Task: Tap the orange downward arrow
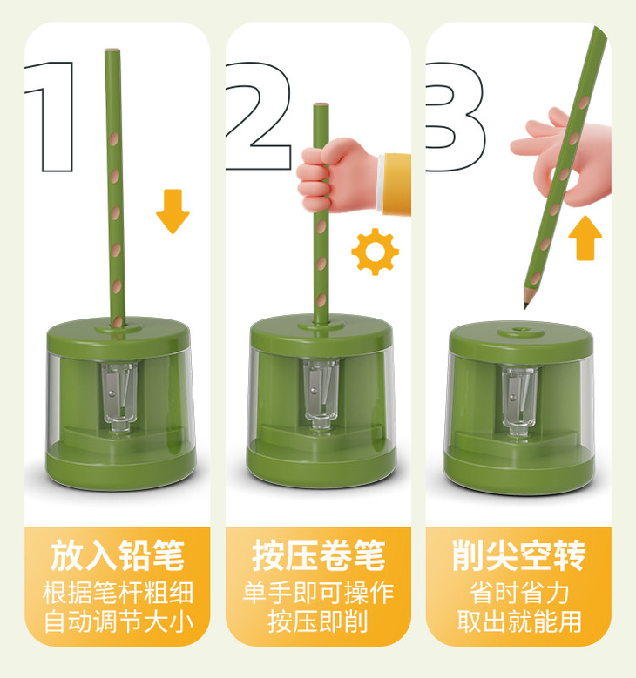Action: tap(173, 211)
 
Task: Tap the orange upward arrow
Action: tap(585, 238)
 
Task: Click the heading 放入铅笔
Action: tap(117, 555)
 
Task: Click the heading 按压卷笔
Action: tap(318, 555)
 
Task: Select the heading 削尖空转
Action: tap(518, 555)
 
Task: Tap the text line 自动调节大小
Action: tap(118, 621)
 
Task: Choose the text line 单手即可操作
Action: tap(318, 592)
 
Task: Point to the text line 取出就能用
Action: tap(518, 621)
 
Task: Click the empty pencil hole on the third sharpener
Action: tap(518, 331)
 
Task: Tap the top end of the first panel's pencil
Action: tap(112, 50)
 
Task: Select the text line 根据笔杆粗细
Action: tap(118, 592)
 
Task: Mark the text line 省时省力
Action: tap(518, 592)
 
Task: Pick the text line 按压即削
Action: tap(318, 621)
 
